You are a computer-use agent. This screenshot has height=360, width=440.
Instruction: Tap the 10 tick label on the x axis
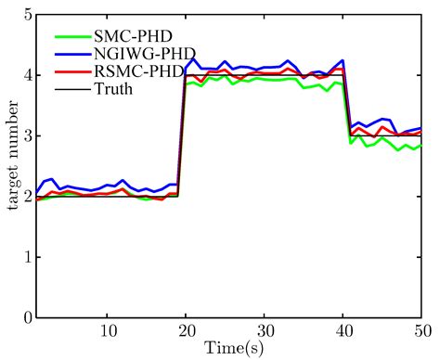click(x=108, y=330)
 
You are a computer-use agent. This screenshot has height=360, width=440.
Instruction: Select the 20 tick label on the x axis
click(x=187, y=330)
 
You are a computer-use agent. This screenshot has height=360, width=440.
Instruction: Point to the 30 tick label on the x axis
click(x=265, y=330)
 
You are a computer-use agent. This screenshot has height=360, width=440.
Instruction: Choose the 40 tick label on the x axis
click(x=343, y=330)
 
